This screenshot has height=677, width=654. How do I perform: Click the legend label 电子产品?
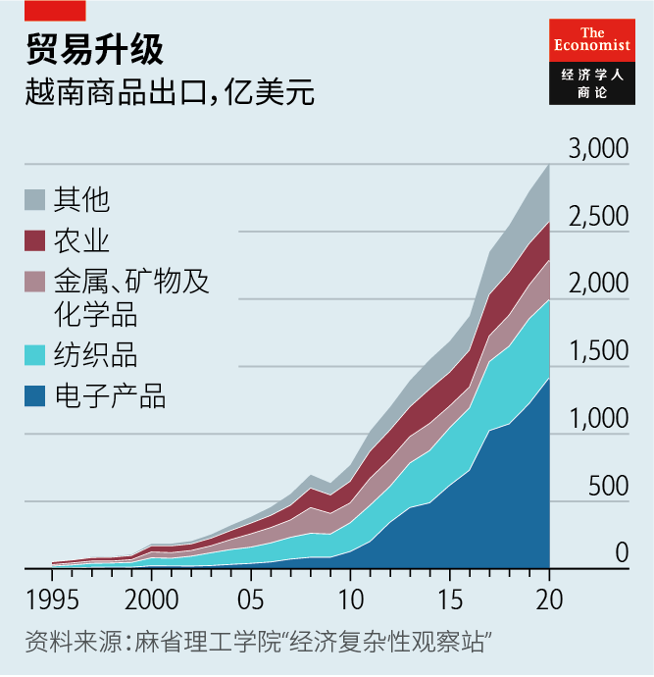[109, 396]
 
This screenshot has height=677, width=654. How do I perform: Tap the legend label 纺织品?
[95, 355]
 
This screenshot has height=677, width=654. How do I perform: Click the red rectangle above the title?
[55, 11]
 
